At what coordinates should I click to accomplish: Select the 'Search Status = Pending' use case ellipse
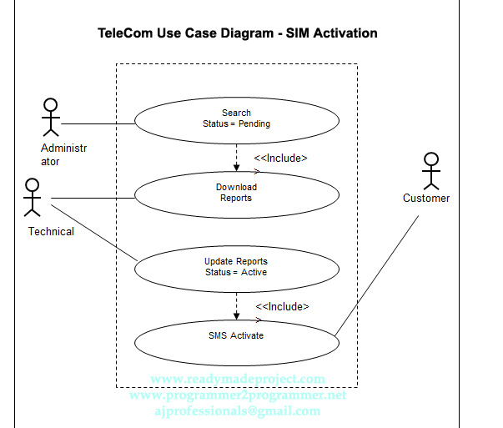(237, 118)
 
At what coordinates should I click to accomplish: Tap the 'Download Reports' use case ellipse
(237, 193)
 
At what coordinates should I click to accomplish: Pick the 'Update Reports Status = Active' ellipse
(237, 267)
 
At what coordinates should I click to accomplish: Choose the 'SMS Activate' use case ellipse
(237, 335)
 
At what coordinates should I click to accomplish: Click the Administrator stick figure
(51, 117)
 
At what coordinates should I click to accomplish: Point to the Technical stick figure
(33, 197)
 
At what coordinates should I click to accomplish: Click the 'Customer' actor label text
(426, 199)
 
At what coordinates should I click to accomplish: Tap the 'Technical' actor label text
(51, 232)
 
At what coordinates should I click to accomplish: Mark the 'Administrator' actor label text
(63, 155)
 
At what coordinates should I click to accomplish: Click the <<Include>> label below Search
(280, 158)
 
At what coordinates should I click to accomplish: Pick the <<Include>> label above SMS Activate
(282, 306)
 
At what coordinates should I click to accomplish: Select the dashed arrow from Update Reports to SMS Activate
(237, 305)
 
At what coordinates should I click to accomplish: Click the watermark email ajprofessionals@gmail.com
(238, 411)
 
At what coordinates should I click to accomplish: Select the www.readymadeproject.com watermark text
(238, 380)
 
